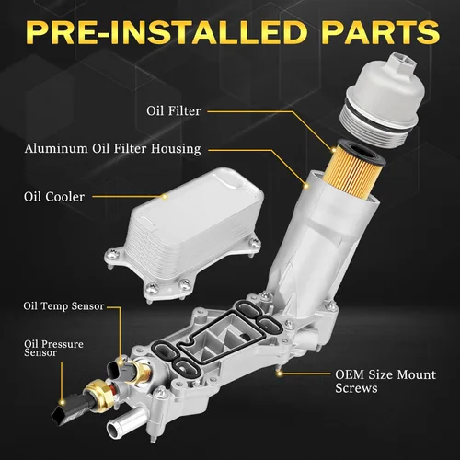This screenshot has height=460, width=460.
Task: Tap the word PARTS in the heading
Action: (381, 32)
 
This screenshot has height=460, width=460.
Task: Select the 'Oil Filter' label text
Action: (174, 110)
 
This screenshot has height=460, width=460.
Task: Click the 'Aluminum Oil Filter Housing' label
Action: (113, 149)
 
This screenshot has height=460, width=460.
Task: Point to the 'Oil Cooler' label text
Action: (54, 197)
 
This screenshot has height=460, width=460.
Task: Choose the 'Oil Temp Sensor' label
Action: (63, 306)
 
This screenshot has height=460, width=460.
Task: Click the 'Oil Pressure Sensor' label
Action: (53, 349)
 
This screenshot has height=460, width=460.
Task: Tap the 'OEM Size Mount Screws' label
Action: (385, 381)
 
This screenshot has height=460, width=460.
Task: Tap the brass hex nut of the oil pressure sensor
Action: (98, 395)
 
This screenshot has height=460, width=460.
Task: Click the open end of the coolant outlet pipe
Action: (113, 430)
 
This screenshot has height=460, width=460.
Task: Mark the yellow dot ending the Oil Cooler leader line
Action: (165, 197)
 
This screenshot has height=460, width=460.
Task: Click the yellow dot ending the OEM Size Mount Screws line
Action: (279, 374)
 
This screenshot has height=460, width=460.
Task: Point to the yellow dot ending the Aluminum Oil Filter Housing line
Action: (305, 186)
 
